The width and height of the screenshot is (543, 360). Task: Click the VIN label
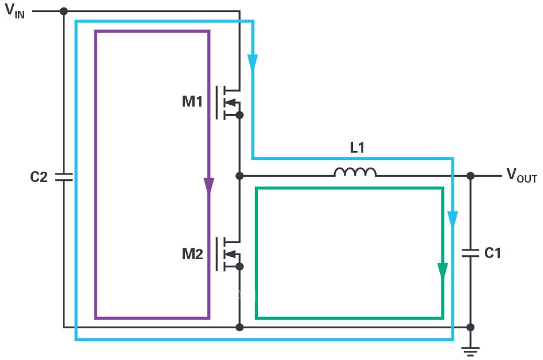(15, 12)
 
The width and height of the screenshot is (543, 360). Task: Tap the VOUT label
(521, 176)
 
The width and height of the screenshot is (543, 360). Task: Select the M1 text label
(192, 103)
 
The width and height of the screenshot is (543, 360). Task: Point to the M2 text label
(192, 254)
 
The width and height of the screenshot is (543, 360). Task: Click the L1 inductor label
(358, 148)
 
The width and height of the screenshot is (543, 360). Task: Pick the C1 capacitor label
(492, 253)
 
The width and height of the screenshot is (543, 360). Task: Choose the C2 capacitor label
(39, 177)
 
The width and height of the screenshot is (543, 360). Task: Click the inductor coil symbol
(355, 172)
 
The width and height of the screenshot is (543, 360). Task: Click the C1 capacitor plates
(470, 252)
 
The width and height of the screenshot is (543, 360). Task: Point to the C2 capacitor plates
(64, 177)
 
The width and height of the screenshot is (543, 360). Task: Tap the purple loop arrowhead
(208, 186)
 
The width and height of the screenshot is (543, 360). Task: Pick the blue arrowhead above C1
(453, 219)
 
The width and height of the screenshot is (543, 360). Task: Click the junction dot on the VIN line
(64, 11)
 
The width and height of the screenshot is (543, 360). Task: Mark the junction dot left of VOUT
(470, 176)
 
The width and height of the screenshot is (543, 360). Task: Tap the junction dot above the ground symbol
(470, 327)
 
